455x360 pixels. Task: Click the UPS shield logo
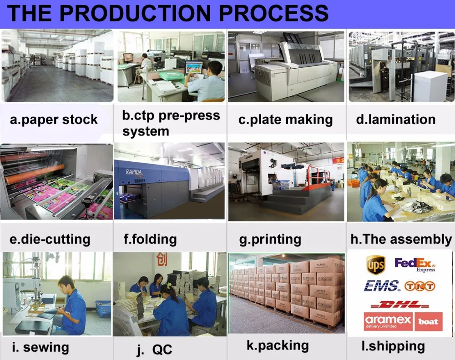pos(375,265)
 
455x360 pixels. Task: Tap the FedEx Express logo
pos(415,265)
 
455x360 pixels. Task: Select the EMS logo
pos(381,285)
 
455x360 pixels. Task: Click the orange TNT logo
pos(420,286)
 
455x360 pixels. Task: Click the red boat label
pos(428,322)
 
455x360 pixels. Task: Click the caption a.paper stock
pos(54,120)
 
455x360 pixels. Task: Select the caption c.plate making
pos(285,120)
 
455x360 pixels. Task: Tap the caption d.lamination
pos(395,120)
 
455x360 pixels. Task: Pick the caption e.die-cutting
pos(50,239)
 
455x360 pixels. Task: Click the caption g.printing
pos(270,239)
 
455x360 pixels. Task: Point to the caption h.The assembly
pos(400,239)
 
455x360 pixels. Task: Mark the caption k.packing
pos(278,345)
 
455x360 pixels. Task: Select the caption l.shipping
pos(393,346)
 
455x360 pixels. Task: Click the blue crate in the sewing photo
pos(103,309)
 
